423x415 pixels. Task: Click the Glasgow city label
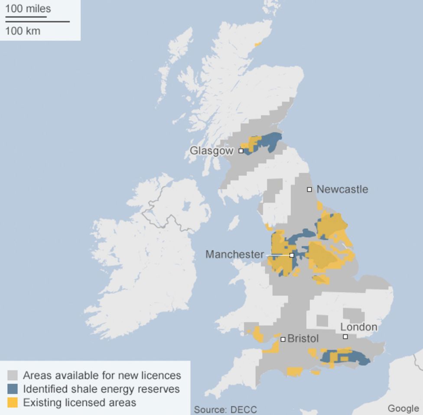click(211, 151)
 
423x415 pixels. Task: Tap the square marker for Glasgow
click(241, 151)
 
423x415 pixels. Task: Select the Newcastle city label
click(342, 189)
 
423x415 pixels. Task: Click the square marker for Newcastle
click(309, 190)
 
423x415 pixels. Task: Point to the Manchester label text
click(234, 254)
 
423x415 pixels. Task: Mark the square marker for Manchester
click(292, 255)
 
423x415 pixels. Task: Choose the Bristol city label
click(303, 338)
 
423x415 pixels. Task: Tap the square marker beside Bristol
click(283, 339)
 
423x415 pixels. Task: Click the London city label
click(358, 327)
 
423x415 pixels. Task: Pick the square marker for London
click(345, 337)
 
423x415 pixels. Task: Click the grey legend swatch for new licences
click(13, 375)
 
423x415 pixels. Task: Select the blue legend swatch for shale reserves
click(13, 389)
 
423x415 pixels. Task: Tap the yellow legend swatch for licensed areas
click(13, 402)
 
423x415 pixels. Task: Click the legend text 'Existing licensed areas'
click(79, 402)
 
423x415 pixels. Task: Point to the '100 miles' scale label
click(28, 9)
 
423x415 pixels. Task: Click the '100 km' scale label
click(23, 31)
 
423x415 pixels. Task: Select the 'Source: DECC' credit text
click(225, 409)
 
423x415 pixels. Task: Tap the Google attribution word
click(403, 408)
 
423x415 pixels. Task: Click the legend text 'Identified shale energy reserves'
click(101, 389)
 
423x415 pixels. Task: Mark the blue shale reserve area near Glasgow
click(271, 141)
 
